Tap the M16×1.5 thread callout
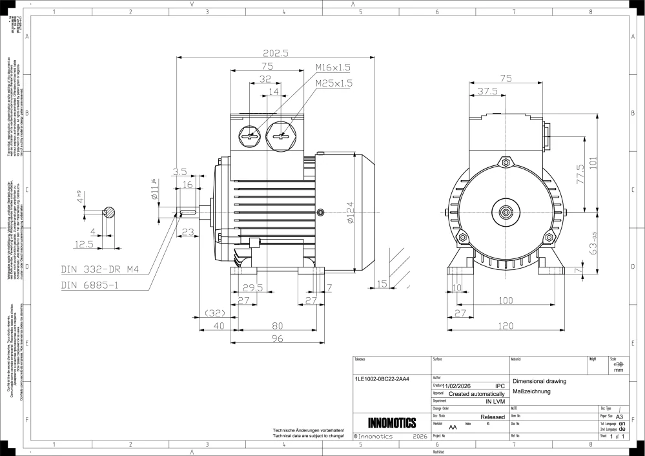[333, 67]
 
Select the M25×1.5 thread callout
[334, 83]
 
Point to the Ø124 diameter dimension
[349, 212]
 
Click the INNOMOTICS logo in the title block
[392, 423]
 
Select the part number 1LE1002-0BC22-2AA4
[382, 378]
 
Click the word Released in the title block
[493, 417]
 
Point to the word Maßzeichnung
[532, 391]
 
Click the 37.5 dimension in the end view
[487, 92]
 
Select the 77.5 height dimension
[580, 174]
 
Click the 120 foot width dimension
[506, 327]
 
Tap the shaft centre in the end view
[505, 211]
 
